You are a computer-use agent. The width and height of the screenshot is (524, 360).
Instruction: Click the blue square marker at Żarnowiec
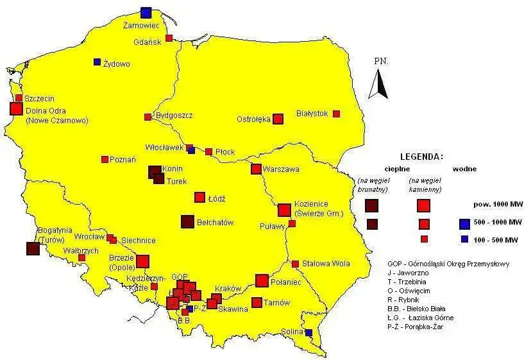coord(146,12)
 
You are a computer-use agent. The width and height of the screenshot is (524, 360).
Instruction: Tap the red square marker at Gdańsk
coord(169,38)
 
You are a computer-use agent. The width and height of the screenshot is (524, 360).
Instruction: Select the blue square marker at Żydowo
coord(97,62)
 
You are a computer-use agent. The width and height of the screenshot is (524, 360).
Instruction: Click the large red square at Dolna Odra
coord(16,108)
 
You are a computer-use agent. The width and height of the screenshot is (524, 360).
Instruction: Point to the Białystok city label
coord(312,114)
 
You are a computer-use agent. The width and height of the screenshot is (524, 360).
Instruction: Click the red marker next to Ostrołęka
coord(278,119)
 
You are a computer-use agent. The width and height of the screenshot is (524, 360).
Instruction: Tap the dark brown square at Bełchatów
coord(187,221)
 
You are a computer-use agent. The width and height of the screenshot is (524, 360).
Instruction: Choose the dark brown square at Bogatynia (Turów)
coord(31,249)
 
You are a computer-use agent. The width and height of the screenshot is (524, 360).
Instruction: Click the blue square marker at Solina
coord(308,332)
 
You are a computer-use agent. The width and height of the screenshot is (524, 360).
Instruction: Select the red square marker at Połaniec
coord(262,280)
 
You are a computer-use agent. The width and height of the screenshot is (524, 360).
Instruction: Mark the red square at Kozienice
coord(284,210)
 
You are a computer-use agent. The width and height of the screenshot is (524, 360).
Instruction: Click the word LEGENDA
coord(421,157)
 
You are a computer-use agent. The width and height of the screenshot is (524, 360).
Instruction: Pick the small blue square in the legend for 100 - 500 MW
coord(464,239)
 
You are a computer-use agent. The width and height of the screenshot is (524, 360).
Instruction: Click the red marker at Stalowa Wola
coord(295,264)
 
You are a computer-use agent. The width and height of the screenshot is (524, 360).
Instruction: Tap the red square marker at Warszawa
coord(256,169)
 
